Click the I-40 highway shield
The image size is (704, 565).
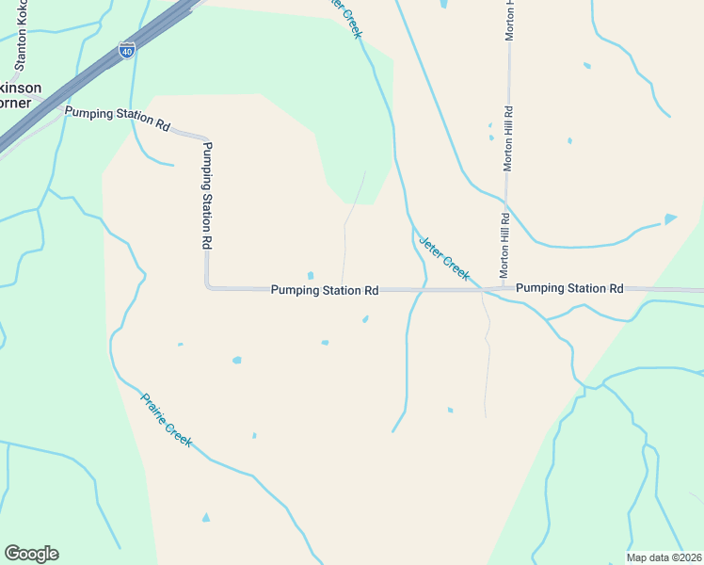126,51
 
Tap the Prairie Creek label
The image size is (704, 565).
167,419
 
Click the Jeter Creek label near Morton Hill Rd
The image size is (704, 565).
443,256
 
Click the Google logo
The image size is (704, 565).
31,554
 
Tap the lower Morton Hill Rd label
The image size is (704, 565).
505,244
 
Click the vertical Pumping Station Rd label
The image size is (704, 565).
207,194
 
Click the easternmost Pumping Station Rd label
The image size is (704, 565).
569,288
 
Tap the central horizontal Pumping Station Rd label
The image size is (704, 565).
325,291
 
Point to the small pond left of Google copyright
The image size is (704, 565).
206,517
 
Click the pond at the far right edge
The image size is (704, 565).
669,218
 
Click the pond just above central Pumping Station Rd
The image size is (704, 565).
310,276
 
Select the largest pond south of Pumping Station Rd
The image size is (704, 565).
237,360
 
